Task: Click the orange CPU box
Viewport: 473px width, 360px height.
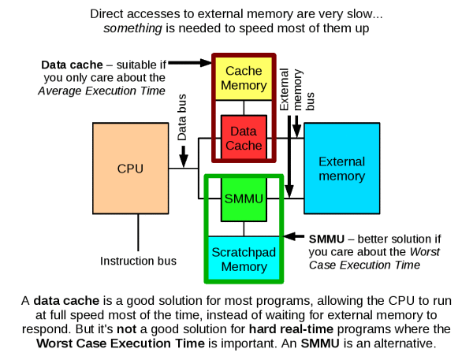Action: pyautogui.click(x=130, y=169)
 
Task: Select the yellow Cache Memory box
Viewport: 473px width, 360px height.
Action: pyautogui.click(x=243, y=78)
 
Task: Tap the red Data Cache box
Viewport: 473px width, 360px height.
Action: pyautogui.click(x=244, y=139)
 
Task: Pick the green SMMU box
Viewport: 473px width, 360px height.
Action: pyautogui.click(x=243, y=198)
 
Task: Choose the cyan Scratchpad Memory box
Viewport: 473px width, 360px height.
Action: pyautogui.click(x=244, y=259)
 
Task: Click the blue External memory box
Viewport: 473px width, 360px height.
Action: pyautogui.click(x=341, y=168)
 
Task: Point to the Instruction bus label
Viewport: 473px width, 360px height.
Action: pyautogui.click(x=138, y=261)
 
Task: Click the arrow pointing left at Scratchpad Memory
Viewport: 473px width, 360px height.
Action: pyautogui.click(x=295, y=236)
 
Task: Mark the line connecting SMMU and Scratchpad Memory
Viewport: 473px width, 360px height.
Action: pyautogui.click(x=244, y=228)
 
